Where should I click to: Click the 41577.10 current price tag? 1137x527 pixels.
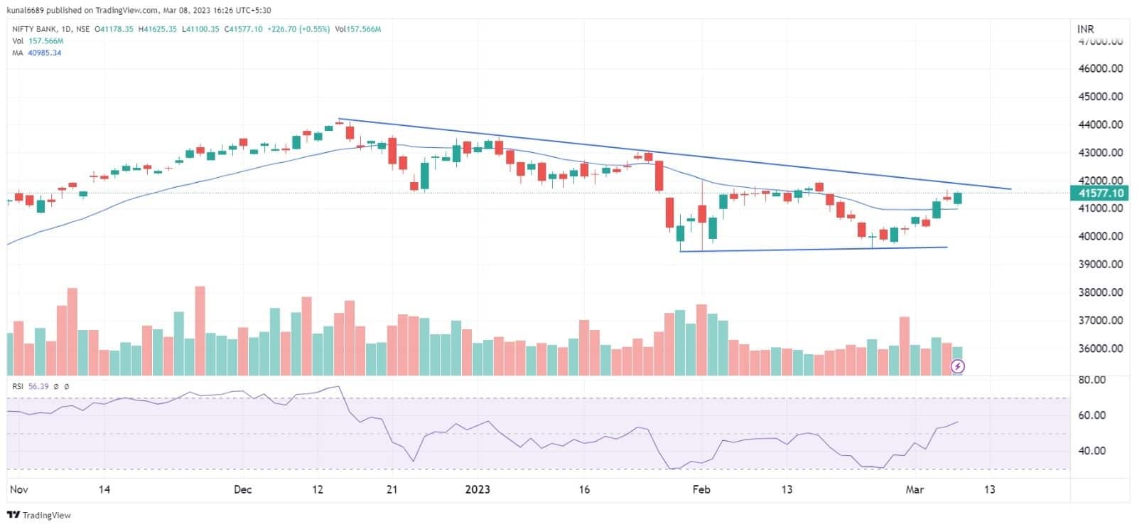1100,193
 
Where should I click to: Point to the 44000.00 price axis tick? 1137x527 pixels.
1101,124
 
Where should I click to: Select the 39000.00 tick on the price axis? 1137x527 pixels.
1101,264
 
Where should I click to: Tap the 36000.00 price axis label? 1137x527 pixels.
1101,348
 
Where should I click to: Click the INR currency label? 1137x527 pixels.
1085,29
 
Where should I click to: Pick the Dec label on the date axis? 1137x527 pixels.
243,489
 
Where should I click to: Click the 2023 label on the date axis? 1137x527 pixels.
478,489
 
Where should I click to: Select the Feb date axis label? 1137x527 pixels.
701,489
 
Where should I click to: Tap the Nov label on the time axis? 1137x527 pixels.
19,489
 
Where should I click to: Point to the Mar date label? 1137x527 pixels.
915,489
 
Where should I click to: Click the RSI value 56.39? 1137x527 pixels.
38,386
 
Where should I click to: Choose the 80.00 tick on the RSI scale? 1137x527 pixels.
1092,380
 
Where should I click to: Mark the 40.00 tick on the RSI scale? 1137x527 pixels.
1092,450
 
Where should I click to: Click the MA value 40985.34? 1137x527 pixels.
44,53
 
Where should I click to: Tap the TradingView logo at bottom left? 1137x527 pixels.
40,515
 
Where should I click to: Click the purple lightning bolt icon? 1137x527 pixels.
958,366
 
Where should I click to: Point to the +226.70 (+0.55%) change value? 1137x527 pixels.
298,29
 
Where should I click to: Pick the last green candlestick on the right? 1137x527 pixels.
957,198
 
